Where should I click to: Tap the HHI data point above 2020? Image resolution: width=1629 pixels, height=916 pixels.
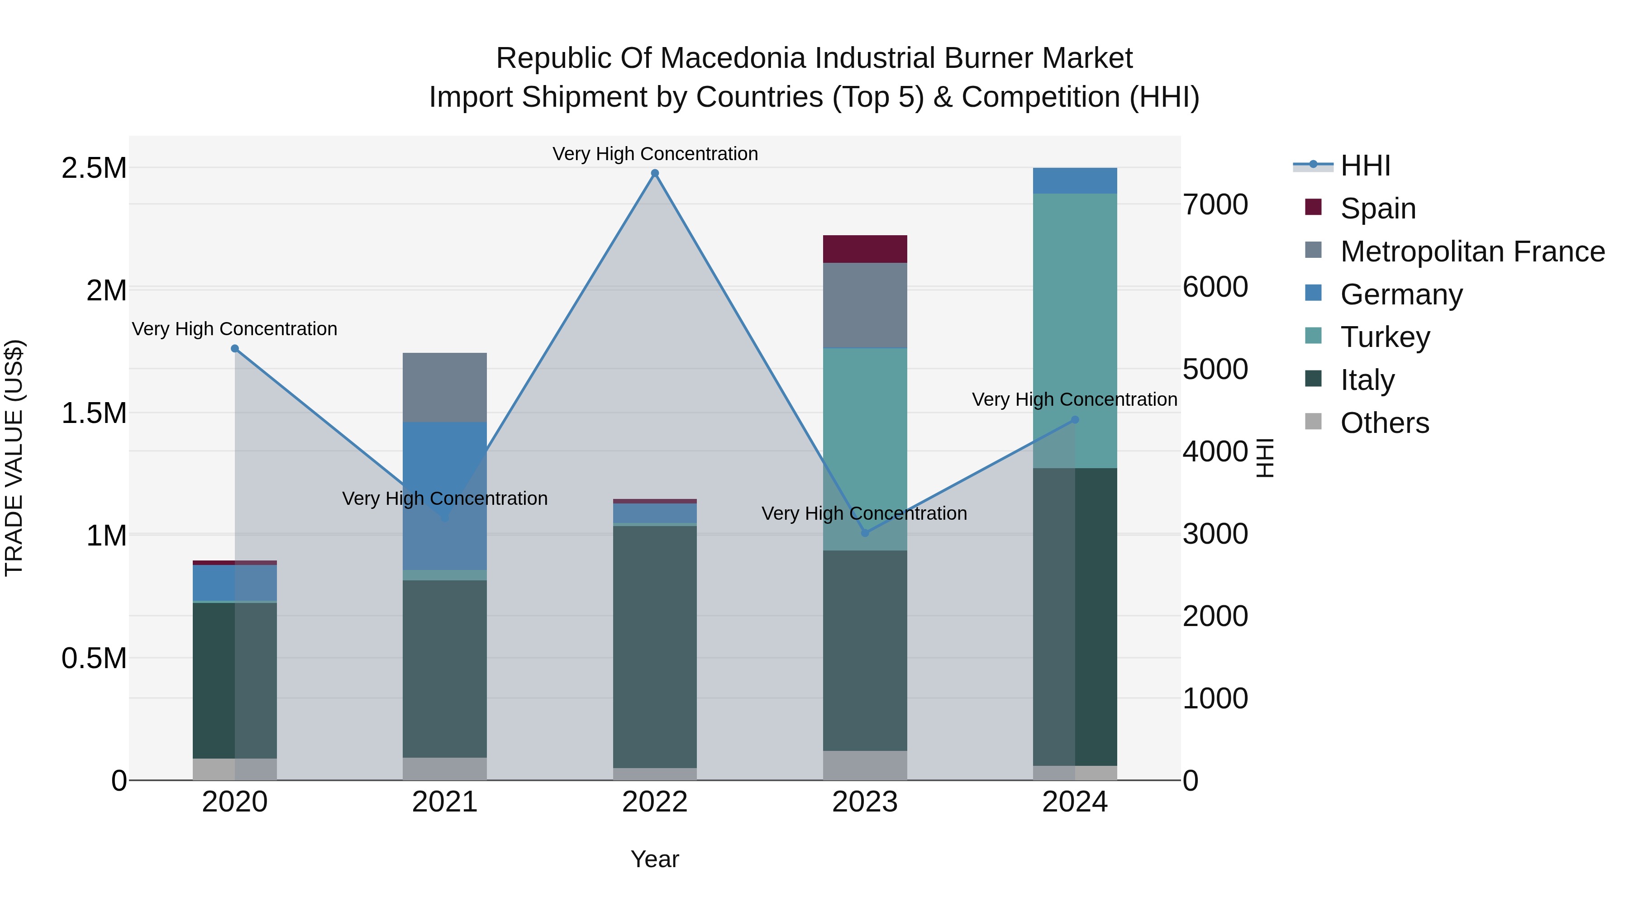click(x=234, y=348)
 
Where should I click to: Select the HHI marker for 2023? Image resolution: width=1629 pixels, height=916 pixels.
click(x=865, y=533)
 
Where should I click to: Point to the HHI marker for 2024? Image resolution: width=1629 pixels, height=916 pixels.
click(x=1075, y=420)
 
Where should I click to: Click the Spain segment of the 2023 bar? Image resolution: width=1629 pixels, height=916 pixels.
click(x=865, y=249)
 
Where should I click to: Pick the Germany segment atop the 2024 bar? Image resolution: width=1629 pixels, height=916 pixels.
click(x=1075, y=181)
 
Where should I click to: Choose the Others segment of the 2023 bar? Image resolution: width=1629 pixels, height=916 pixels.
click(x=865, y=765)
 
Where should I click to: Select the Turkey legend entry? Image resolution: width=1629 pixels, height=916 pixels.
click(x=1385, y=337)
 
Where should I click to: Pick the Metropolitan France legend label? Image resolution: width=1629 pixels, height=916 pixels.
click(x=1472, y=252)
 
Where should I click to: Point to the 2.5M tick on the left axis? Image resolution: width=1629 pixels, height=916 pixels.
click(x=94, y=168)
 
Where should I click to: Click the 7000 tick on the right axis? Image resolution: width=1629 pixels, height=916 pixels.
click(x=1215, y=205)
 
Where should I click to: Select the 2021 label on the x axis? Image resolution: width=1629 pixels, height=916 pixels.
click(x=444, y=802)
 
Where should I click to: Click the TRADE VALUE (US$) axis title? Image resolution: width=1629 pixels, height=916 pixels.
click(x=14, y=458)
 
